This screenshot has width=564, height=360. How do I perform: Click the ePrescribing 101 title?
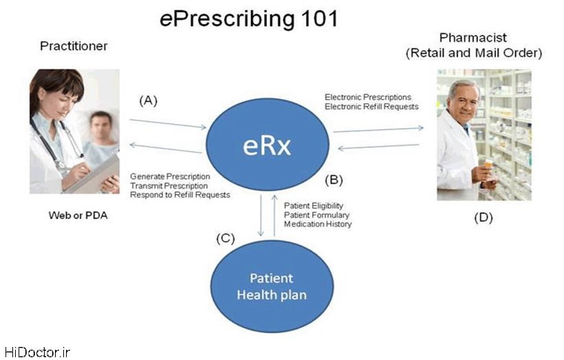tap(248, 19)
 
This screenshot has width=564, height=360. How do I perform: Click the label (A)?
tap(148, 100)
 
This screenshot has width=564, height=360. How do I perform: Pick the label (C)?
tap(225, 239)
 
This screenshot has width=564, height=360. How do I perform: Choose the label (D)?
tap(483, 218)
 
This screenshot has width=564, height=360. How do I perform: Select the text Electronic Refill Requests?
tap(371, 107)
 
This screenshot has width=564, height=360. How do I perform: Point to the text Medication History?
tap(318, 224)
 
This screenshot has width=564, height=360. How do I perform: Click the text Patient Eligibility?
tap(314, 206)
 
